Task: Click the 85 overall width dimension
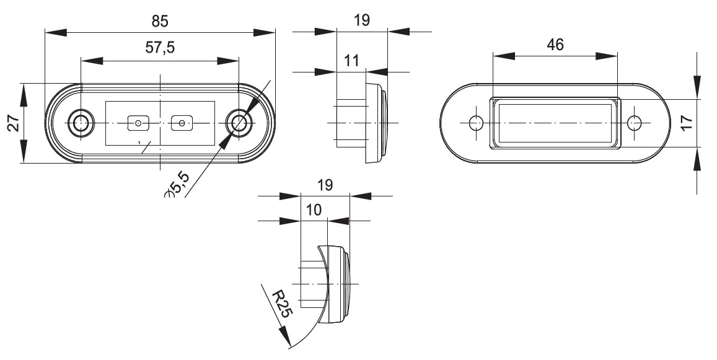(160, 20)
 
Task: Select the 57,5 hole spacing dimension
(160, 50)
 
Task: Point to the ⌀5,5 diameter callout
(178, 187)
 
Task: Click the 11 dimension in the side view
(351, 60)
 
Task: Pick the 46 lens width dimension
(555, 44)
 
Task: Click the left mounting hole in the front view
(80, 123)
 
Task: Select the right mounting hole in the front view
(239, 123)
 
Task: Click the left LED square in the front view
(138, 124)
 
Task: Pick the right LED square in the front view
(182, 123)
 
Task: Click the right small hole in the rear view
(634, 123)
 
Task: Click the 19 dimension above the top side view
(361, 20)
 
